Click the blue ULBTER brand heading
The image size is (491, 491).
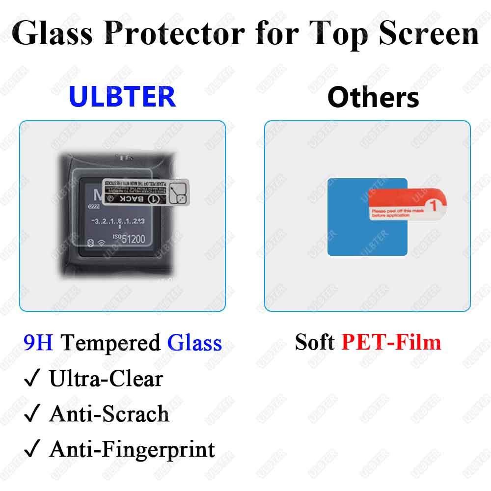click(x=122, y=96)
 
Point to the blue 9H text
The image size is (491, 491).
click(x=38, y=343)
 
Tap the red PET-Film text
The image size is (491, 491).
click(x=391, y=342)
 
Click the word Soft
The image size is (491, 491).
click(x=315, y=342)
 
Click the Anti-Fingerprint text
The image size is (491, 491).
click(x=132, y=450)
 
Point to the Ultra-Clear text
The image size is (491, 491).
click(x=106, y=379)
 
